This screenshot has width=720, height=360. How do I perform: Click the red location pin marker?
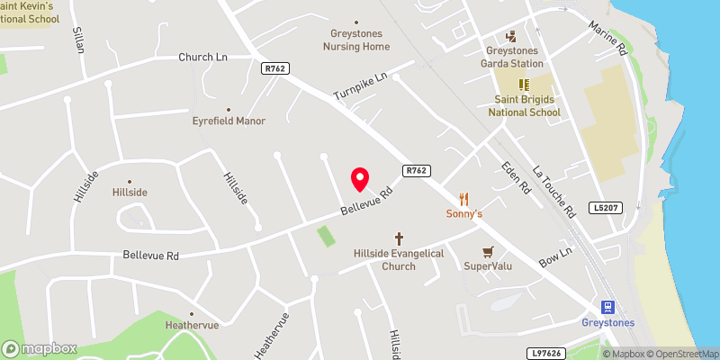(360, 179)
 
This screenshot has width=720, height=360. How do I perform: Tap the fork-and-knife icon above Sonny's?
(464, 198)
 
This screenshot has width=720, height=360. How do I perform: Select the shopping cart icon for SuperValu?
(488, 251)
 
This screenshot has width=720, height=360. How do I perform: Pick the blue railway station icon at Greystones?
(607, 306)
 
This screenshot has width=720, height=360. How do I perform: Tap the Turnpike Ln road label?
(359, 86)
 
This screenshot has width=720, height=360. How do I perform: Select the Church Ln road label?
(202, 57)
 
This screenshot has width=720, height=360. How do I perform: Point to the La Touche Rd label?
(553, 192)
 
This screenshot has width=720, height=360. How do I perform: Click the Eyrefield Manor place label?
(229, 120)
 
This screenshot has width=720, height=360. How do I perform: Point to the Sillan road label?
(78, 39)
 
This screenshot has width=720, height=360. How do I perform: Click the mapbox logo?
(40, 348)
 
